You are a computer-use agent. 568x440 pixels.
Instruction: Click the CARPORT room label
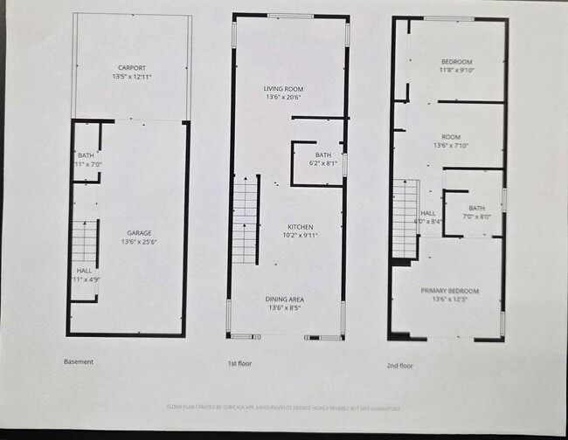(132, 67)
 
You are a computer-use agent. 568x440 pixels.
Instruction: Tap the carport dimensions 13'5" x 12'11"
(132, 77)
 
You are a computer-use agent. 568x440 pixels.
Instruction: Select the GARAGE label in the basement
(140, 233)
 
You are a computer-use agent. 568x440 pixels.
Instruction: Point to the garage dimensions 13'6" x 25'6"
(140, 243)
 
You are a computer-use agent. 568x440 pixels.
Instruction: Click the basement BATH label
(86, 155)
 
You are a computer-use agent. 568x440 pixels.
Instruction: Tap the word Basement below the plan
(79, 361)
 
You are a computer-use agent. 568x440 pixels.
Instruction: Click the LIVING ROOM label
(283, 88)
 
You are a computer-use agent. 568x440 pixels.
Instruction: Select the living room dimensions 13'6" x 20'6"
(283, 98)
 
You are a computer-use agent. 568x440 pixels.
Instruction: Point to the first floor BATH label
(323, 155)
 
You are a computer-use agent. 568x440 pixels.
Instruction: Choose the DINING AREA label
(285, 299)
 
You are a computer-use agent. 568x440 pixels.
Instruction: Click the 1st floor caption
(239, 362)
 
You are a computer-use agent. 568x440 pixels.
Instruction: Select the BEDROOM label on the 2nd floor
(456, 61)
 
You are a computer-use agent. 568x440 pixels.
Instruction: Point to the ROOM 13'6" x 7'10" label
(451, 137)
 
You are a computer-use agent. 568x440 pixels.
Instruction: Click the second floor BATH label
(476, 208)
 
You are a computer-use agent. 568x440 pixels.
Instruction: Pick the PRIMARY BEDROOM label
(449, 291)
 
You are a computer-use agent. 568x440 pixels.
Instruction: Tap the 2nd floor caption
(399, 366)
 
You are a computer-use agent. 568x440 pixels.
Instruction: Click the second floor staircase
(405, 218)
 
